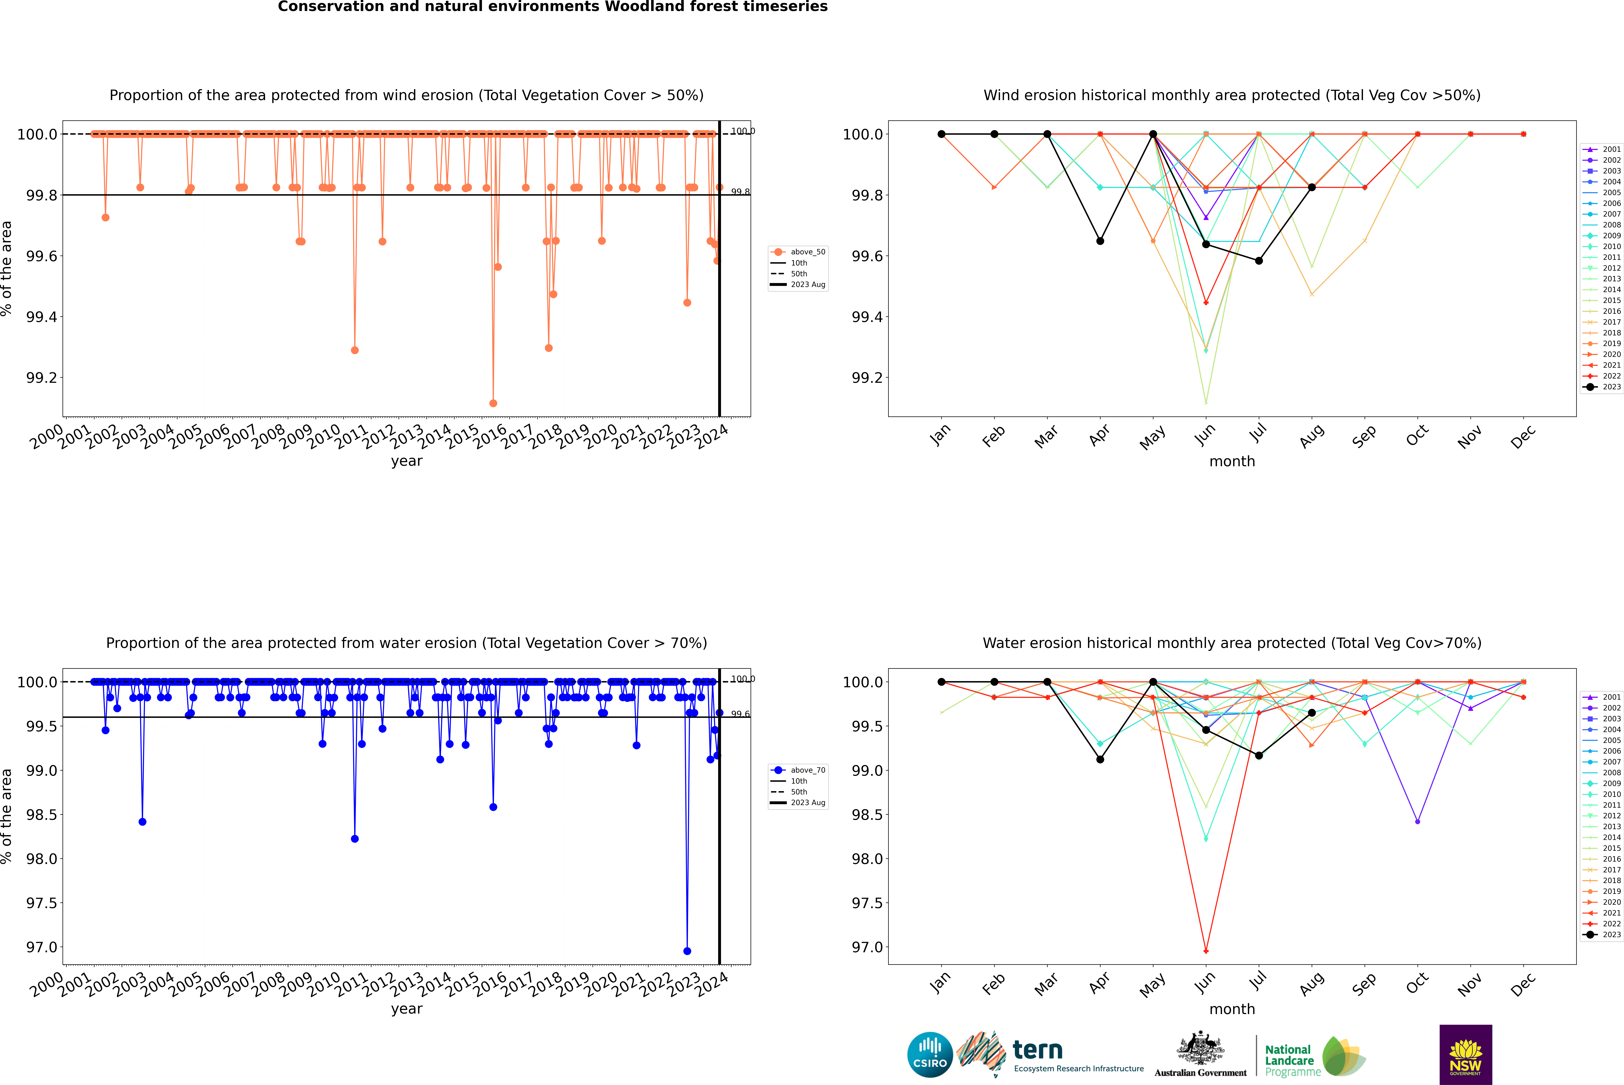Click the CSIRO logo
[930, 1055]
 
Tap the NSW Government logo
[1465, 1055]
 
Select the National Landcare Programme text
[1289, 1060]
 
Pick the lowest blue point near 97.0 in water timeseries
[687, 951]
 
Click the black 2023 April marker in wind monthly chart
[1100, 241]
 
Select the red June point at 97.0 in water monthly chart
[1206, 951]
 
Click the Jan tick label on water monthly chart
[940, 984]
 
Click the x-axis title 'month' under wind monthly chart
[1231, 462]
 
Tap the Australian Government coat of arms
[1200, 1049]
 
